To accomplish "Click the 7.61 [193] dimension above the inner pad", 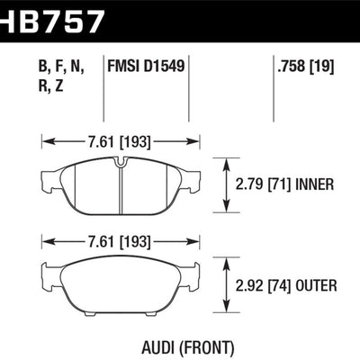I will coord(120,140).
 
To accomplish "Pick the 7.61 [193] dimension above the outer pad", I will coord(120,241).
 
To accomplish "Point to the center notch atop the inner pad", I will coord(120,162).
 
